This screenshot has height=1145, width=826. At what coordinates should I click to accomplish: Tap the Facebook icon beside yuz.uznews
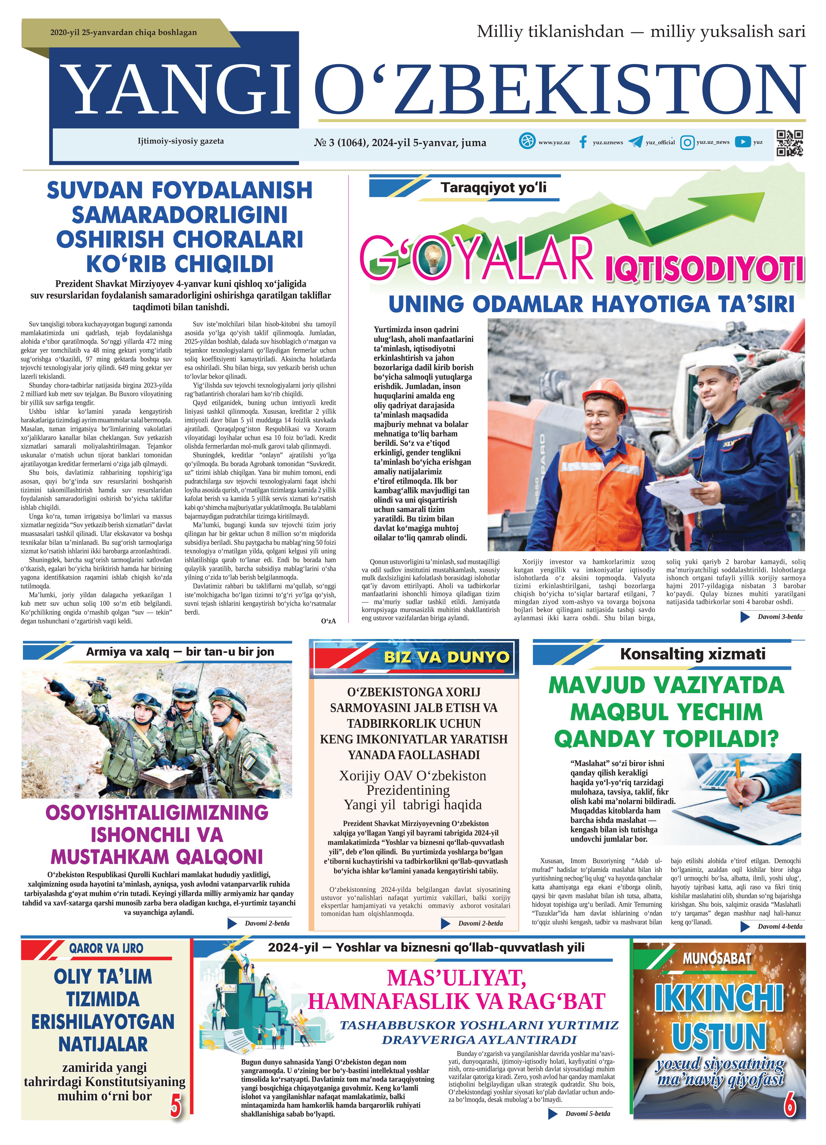(583, 142)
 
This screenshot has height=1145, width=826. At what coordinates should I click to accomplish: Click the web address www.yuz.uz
(554, 142)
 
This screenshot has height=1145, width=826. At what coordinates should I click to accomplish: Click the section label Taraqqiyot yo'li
(493, 188)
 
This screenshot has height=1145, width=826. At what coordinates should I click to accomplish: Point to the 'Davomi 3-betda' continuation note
(779, 616)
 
